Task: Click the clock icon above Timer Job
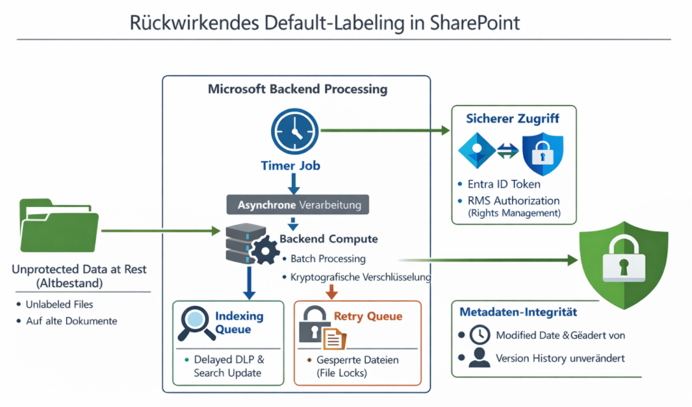coord(294,130)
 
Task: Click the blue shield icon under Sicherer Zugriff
coord(543,154)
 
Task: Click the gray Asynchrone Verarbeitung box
coord(298,204)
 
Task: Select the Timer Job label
coord(290,166)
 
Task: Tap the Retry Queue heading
coord(368,317)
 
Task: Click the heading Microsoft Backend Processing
coord(297,90)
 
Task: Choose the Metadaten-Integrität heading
coord(518,312)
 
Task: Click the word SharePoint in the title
coord(475,23)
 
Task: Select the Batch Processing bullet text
coord(327,258)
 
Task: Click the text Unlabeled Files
coord(59,304)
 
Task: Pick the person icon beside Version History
coord(479,358)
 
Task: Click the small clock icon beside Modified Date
coord(479,335)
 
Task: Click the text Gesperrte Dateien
coord(357,360)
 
